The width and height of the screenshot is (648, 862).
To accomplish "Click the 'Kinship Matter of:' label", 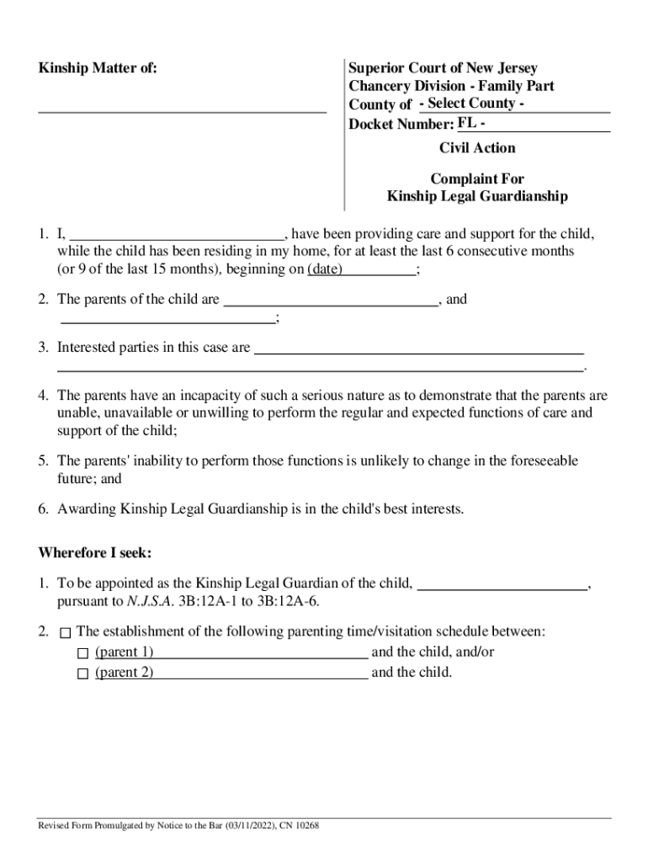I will coord(98,68).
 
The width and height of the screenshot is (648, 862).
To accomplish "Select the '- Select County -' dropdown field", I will coord(513,104).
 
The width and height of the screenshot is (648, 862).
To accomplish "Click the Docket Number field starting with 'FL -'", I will coord(533,124).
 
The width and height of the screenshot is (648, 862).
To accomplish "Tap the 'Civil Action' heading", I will coord(477,148).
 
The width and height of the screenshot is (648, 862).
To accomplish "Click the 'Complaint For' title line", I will coord(477,178).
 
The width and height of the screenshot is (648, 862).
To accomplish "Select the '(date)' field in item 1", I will coord(361,269).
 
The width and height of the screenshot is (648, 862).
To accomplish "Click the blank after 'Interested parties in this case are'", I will coord(418,347).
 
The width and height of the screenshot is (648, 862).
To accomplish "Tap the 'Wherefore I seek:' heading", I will coord(94,553).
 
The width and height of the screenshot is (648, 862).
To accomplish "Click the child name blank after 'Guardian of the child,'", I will coord(502,583).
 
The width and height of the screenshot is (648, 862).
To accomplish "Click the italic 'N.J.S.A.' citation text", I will coord(150,601).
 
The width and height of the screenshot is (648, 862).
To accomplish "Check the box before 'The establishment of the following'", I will coord(66,632).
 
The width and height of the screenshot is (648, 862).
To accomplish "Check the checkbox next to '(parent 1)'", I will coord(82,653).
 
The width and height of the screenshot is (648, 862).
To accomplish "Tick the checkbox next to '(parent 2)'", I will coord(82,673).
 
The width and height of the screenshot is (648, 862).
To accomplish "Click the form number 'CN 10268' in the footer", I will coord(296,826).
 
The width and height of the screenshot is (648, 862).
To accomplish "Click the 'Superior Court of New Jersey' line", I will coord(443,68).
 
